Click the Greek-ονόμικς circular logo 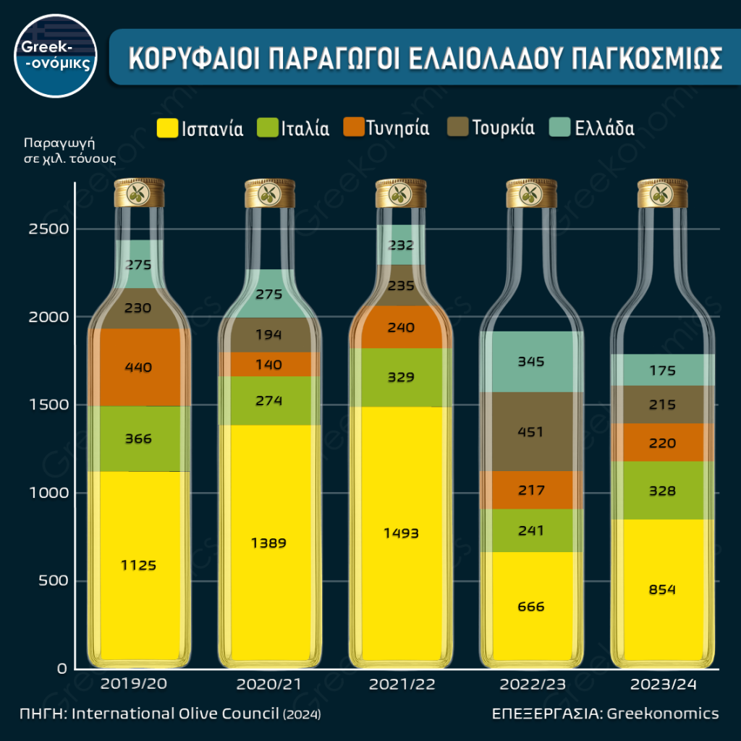(x=56, y=56)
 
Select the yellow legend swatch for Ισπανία (x=167, y=128)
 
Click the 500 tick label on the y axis (x=54, y=581)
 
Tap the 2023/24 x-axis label (x=663, y=684)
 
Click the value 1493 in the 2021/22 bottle (x=401, y=533)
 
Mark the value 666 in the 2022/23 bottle (x=531, y=606)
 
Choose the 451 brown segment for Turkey (x=531, y=431)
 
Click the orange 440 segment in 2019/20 (x=137, y=367)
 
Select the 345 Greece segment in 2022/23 (x=531, y=361)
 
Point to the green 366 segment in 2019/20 (x=137, y=439)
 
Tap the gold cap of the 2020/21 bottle (x=269, y=193)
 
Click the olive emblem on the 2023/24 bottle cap (x=662, y=193)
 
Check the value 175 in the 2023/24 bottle (x=662, y=370)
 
